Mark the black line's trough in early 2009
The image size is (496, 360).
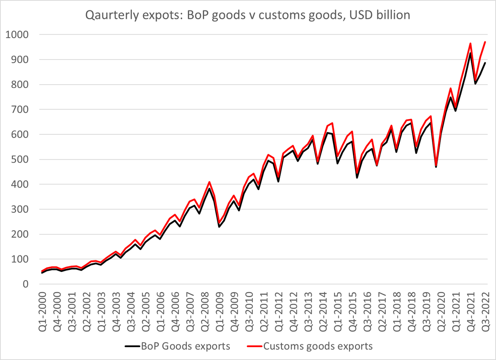pyautogui.click(x=219, y=226)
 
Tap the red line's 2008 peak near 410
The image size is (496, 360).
pyautogui.click(x=210, y=182)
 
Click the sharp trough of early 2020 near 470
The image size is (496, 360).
pyautogui.click(x=436, y=167)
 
